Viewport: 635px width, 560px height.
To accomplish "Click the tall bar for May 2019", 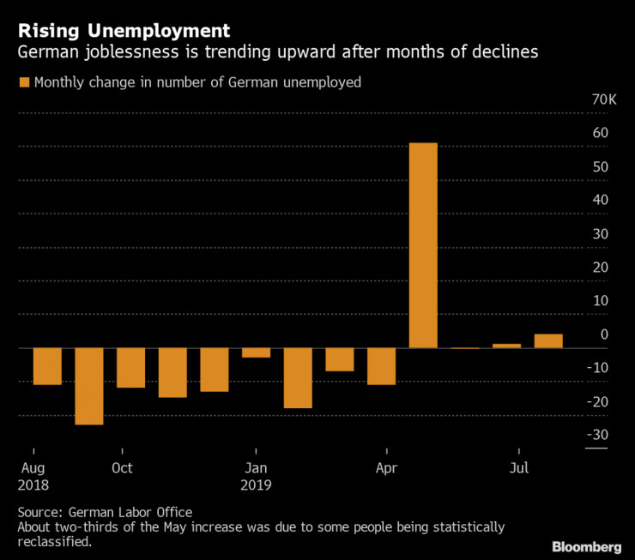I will point(423,245).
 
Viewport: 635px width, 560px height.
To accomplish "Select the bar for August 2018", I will point(47,366).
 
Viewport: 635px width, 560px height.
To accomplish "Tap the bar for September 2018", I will point(89,386).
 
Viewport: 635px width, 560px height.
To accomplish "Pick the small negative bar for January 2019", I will point(256,352).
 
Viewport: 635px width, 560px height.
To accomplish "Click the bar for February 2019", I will point(298,377).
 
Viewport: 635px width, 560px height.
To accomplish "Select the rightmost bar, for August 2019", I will point(548,341).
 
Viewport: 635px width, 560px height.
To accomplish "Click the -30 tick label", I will point(597,435).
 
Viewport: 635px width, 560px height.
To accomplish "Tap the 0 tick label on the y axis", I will point(604,334).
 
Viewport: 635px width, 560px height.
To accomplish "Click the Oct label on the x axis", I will point(122,467).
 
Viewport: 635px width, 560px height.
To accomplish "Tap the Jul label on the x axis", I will point(519,467).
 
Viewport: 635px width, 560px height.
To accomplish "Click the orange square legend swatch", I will point(23,82).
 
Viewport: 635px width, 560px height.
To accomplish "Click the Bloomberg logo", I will point(586,546).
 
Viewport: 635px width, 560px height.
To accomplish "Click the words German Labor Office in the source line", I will point(130,511).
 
